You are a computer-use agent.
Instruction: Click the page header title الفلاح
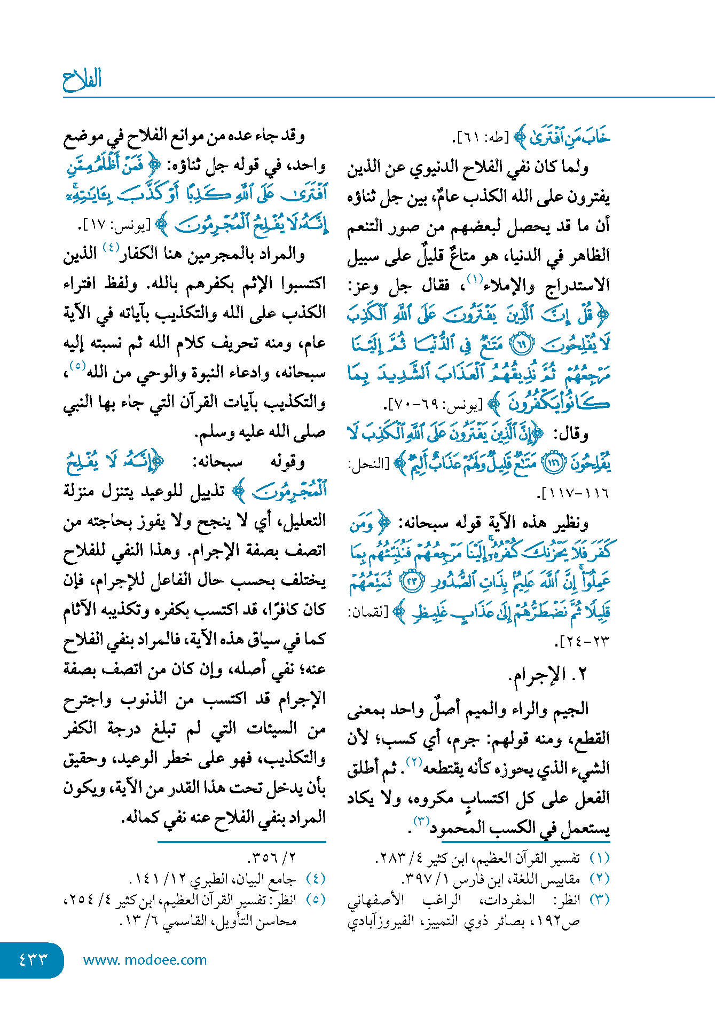82,80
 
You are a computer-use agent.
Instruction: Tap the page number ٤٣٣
33,960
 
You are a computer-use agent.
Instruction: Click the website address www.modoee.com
145,960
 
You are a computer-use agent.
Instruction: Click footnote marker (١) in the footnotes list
599,858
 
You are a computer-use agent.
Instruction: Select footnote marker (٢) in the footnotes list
599,879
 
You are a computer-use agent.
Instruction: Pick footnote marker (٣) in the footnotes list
599,900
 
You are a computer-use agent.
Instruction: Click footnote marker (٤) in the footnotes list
316,879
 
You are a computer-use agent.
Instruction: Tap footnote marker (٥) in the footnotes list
316,900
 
